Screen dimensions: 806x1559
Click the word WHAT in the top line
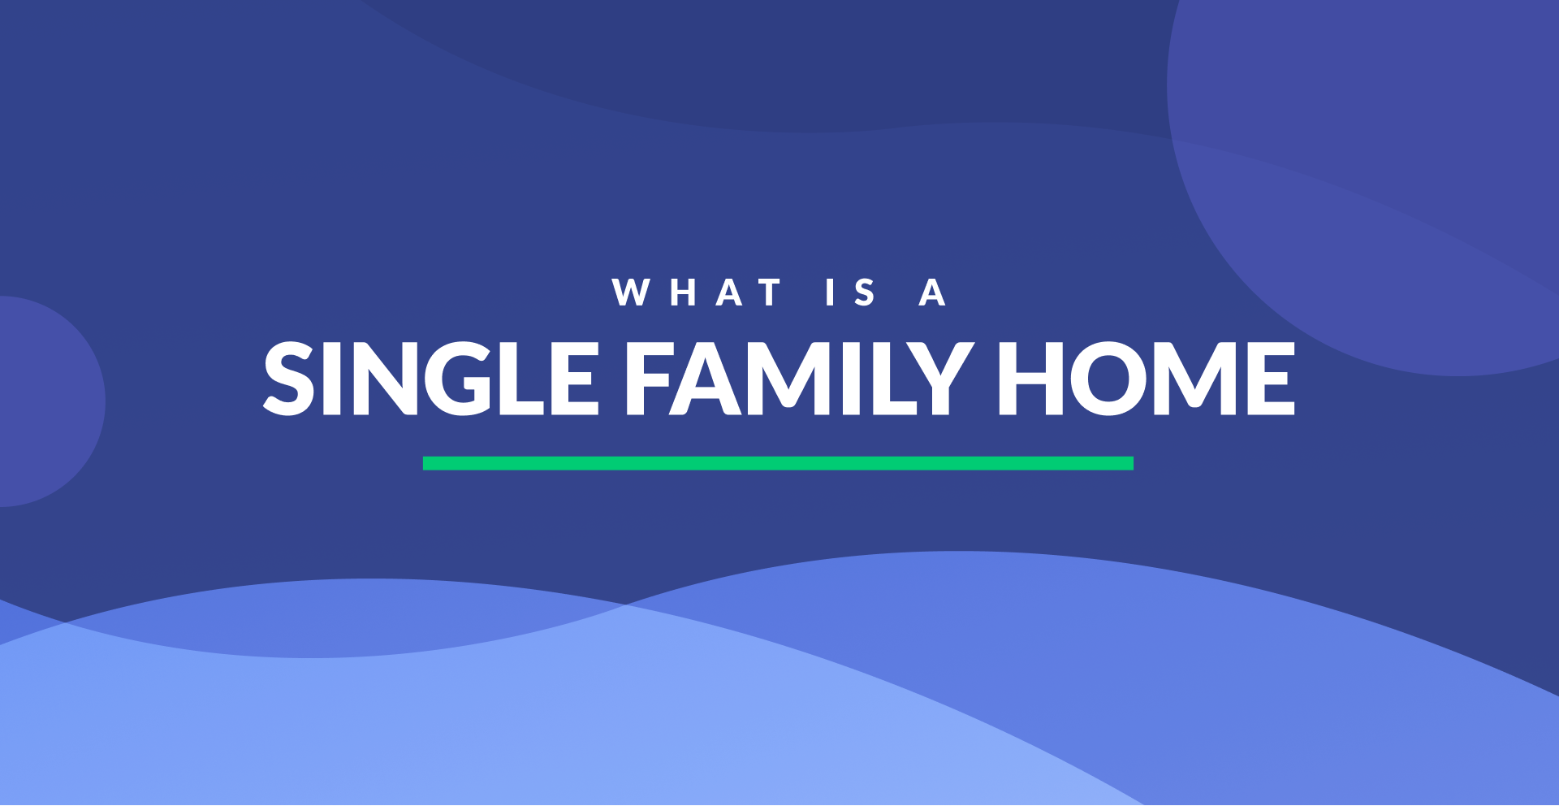697,292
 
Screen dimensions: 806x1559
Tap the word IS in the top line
850,292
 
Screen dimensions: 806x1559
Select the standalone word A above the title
932,292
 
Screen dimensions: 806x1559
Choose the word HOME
1146,378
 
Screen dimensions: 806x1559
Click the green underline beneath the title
778,463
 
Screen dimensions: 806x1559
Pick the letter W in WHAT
631,292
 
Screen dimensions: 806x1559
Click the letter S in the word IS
865,292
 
